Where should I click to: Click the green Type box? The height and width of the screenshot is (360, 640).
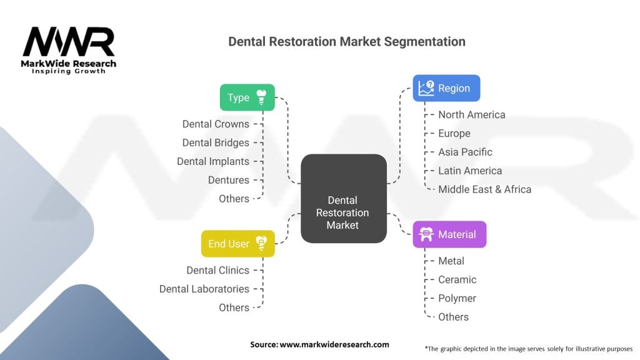pyautogui.click(x=247, y=97)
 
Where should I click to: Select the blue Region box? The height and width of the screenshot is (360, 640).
pyautogui.click(x=446, y=88)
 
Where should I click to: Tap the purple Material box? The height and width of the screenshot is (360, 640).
pyautogui.click(x=449, y=234)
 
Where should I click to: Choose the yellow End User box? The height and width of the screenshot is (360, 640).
pyautogui.click(x=238, y=244)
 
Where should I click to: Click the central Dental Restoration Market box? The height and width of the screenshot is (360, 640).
pyautogui.click(x=344, y=199)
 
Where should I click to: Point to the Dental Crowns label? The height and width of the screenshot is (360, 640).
pyautogui.click(x=216, y=124)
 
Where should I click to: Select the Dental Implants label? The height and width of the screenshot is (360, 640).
pyautogui.click(x=213, y=162)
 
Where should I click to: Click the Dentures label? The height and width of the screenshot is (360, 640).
pyautogui.click(x=229, y=180)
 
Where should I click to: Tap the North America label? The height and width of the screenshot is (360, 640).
pyautogui.click(x=472, y=115)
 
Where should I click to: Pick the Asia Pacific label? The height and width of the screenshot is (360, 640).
pyautogui.click(x=465, y=152)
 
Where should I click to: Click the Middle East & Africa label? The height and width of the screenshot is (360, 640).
pyautogui.click(x=485, y=189)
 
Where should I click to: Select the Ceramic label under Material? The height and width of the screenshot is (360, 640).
pyautogui.click(x=457, y=279)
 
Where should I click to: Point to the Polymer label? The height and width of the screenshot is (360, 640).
pyautogui.click(x=457, y=298)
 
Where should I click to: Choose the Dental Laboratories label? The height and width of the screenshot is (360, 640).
pyautogui.click(x=204, y=289)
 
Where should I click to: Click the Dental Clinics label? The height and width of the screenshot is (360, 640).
pyautogui.click(x=217, y=270)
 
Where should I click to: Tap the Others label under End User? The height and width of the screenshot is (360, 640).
pyautogui.click(x=234, y=307)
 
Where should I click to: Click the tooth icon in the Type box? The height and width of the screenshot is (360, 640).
pyautogui.click(x=261, y=97)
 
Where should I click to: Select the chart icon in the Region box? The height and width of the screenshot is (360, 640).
pyautogui.click(x=426, y=87)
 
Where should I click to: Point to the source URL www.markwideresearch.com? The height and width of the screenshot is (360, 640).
pyautogui.click(x=334, y=344)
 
